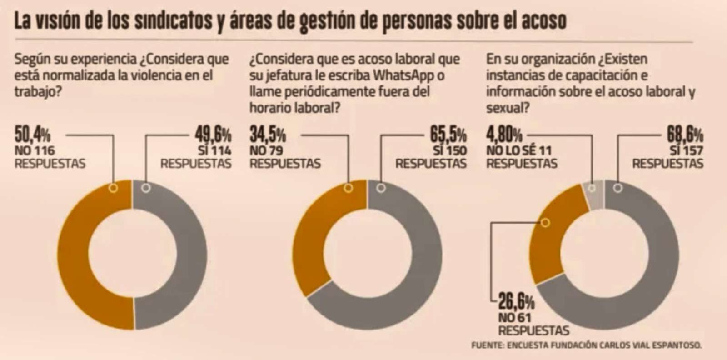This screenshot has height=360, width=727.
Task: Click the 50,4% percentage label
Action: [x=32, y=135]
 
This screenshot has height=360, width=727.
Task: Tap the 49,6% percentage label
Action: [x=213, y=135]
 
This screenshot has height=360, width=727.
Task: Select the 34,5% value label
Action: [x=268, y=135]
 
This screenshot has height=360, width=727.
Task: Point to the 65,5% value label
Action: [x=448, y=135]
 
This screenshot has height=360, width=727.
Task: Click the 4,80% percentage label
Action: [x=504, y=135]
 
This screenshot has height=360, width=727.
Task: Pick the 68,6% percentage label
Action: [x=685, y=135]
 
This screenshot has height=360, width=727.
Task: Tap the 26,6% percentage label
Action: [x=516, y=301]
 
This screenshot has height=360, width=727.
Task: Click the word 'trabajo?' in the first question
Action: [x=38, y=91]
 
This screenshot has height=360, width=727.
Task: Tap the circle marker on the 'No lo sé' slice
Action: [x=592, y=188]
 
